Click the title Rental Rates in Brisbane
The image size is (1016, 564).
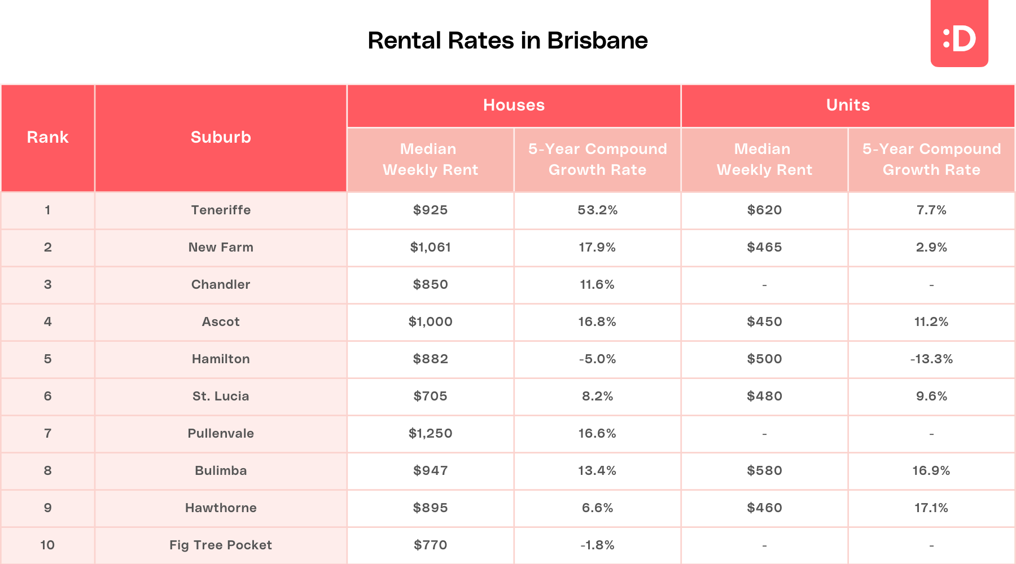point(507,41)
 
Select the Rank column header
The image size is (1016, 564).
point(47,137)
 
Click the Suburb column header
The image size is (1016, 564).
point(221,137)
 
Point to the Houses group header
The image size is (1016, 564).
point(514,105)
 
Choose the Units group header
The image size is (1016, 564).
point(848,105)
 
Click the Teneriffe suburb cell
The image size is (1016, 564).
point(221,210)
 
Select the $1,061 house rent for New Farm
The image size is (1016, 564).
point(430,247)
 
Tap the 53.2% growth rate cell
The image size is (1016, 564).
point(597,210)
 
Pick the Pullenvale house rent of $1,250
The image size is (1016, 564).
point(430,433)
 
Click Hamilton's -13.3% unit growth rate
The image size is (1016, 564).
point(931,359)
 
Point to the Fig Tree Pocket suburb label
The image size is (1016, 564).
point(221,545)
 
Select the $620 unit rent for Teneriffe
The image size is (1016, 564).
point(764,210)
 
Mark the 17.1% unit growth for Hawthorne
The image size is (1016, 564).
point(931,508)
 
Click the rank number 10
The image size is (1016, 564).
point(47,545)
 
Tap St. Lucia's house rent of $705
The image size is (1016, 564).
point(430,396)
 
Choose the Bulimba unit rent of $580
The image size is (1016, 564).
point(764,470)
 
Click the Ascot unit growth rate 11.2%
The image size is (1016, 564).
point(931,321)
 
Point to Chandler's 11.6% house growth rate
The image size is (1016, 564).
point(597,284)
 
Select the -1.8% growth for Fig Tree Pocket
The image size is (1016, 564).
point(597,545)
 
